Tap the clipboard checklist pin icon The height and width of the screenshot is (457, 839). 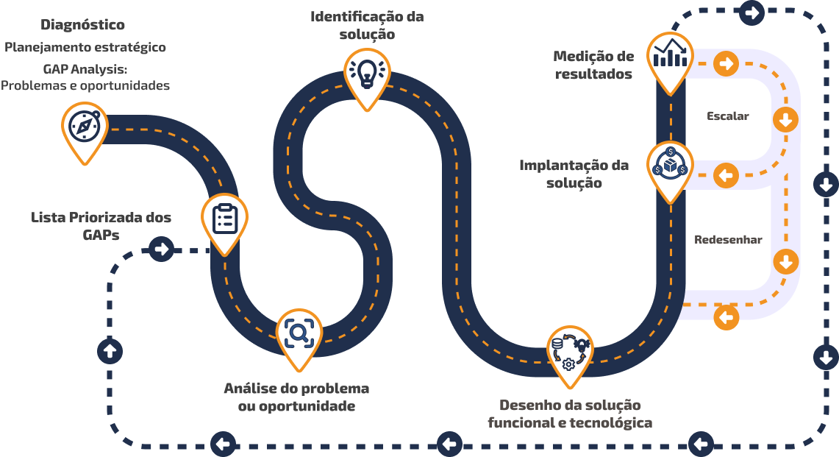click(x=225, y=219)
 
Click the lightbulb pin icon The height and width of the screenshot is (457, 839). click(x=367, y=71)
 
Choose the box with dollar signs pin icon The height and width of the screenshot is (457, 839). click(x=670, y=166)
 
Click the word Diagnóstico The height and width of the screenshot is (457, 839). click(x=83, y=24)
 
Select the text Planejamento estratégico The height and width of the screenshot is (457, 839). click(x=85, y=48)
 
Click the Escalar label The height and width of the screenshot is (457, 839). click(x=728, y=116)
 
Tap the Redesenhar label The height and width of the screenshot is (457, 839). click(x=728, y=240)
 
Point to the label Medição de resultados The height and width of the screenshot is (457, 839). click(x=593, y=65)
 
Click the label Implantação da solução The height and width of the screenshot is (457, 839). click(x=574, y=174)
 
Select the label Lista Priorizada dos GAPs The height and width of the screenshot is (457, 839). click(x=101, y=225)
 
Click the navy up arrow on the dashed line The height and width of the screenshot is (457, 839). click(x=110, y=351)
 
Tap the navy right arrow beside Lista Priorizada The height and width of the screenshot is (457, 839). click(x=161, y=249)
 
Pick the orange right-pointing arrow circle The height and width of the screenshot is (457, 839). click(x=726, y=64)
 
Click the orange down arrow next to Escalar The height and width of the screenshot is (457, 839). click(x=785, y=119)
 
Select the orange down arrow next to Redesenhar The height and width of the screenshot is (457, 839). click(x=785, y=261)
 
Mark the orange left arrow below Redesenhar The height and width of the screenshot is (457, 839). click(x=726, y=317)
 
